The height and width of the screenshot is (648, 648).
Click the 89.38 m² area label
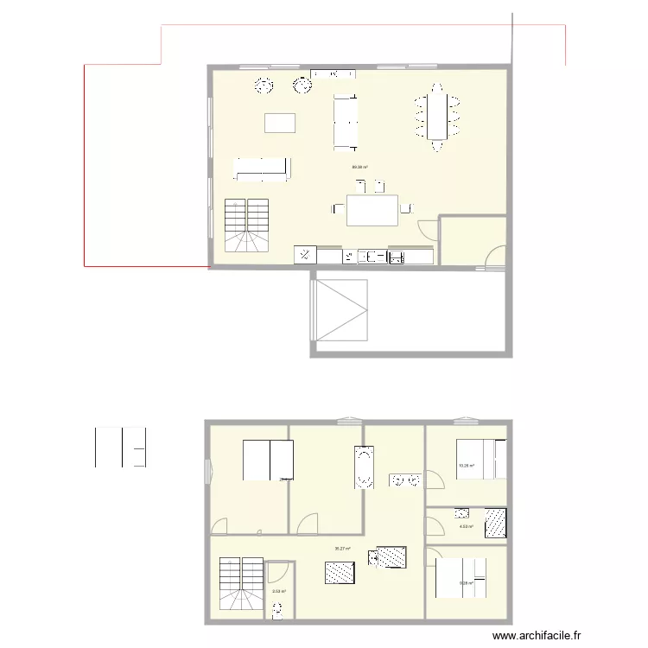pos(360,168)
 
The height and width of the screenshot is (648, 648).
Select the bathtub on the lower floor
pos(363,467)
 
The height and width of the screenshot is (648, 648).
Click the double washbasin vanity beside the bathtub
pos(405,480)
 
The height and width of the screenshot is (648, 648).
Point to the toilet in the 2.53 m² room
pos(277,612)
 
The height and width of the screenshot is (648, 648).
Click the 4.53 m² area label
pos(466,526)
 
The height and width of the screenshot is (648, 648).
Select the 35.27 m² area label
pos(342,549)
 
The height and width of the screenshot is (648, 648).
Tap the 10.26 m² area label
pos(466,467)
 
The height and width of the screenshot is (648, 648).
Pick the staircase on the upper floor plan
pos(248,225)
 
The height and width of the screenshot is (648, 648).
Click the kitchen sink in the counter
pos(375,256)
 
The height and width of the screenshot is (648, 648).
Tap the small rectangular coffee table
pos(279,122)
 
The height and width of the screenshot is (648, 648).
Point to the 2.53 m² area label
pos(278,592)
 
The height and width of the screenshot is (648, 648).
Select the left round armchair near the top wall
pos(263,85)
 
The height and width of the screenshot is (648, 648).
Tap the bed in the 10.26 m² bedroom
pos(488,459)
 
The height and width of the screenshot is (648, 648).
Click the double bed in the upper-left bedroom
pos(269,460)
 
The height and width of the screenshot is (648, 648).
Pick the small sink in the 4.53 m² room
pos(462,512)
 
